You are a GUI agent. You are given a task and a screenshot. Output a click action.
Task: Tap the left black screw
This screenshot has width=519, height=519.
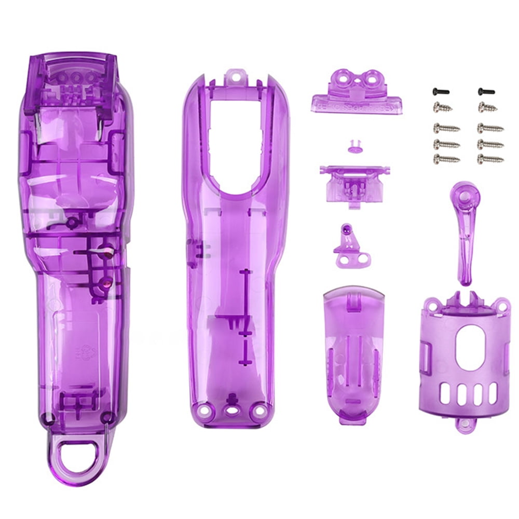click(440, 91)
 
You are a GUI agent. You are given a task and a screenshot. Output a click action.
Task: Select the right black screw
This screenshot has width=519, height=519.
click(486, 91)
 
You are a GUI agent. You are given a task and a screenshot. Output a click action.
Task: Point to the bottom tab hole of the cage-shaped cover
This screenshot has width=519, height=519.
click(465, 425)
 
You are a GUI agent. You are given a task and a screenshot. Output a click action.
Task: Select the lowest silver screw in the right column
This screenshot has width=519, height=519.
click(490, 159)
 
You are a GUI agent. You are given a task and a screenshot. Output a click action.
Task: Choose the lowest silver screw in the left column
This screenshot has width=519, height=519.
click(446, 159)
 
